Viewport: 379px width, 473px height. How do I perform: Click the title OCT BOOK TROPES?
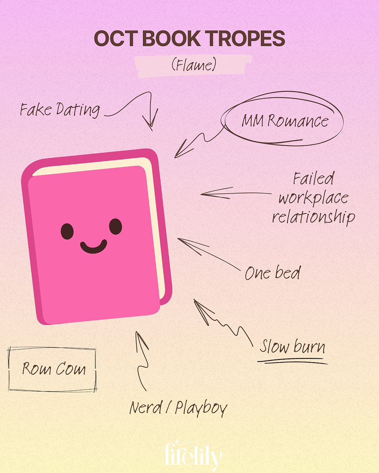coord(189,39)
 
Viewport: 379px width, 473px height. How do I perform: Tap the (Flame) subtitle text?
coord(193,65)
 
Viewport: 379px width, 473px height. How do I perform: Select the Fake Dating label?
coord(60,110)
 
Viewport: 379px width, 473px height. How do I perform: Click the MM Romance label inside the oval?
coord(285,122)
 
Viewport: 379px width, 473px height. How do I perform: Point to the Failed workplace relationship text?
coord(313,199)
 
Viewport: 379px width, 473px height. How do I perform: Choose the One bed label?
coord(272,273)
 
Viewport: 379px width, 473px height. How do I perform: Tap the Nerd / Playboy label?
coord(178,408)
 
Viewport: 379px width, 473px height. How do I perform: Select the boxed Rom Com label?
coord(53,369)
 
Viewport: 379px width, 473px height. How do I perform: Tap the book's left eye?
coord(67,231)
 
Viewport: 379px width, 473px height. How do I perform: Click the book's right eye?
coord(115,227)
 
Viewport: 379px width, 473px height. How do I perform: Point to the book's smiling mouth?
coord(94,247)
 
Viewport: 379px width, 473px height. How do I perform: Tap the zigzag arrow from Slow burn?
coord(222,322)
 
